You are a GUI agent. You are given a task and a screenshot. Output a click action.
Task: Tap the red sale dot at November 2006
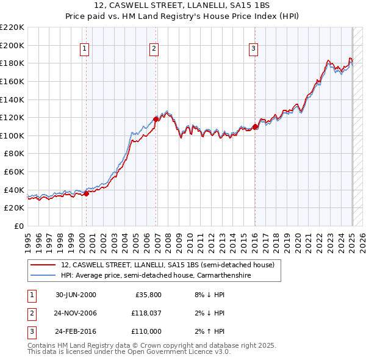156,119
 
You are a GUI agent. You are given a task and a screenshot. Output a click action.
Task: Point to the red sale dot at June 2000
86,193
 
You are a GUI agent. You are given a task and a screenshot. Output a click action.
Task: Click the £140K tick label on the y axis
12,99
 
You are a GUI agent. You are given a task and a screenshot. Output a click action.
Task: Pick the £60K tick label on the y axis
14,172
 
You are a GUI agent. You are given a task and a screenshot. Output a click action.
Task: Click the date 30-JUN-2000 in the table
76,295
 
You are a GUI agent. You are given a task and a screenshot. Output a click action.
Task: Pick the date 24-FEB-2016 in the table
76,331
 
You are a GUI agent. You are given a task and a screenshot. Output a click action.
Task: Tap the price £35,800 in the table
148,295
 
